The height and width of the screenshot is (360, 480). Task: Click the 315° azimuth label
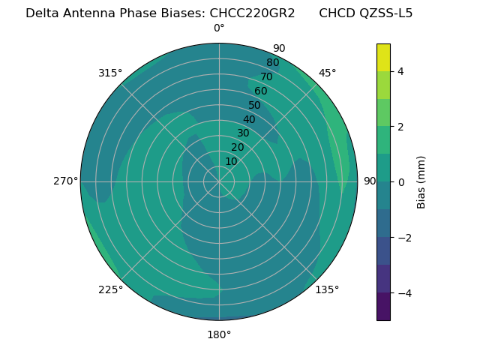(110, 73)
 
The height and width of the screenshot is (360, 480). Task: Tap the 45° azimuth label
(328, 73)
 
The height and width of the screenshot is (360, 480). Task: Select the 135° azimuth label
(327, 289)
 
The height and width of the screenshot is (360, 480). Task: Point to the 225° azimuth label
(110, 290)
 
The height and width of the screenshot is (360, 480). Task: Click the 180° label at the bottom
(219, 334)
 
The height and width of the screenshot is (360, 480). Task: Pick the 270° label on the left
(66, 181)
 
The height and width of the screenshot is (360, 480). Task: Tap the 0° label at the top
(219, 28)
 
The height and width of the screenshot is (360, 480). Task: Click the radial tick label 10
(231, 161)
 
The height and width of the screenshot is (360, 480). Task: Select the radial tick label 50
(254, 106)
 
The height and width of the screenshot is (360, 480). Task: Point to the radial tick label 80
(272, 63)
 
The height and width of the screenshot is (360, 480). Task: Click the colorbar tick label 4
(400, 71)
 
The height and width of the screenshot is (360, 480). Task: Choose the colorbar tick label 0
(400, 182)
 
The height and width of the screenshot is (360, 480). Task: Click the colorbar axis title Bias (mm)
(421, 181)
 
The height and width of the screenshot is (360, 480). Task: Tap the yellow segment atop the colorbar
(383, 57)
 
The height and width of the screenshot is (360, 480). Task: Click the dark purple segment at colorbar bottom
(383, 307)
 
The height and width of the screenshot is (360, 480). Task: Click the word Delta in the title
(41, 13)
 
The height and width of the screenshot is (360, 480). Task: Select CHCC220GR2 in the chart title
(251, 13)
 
